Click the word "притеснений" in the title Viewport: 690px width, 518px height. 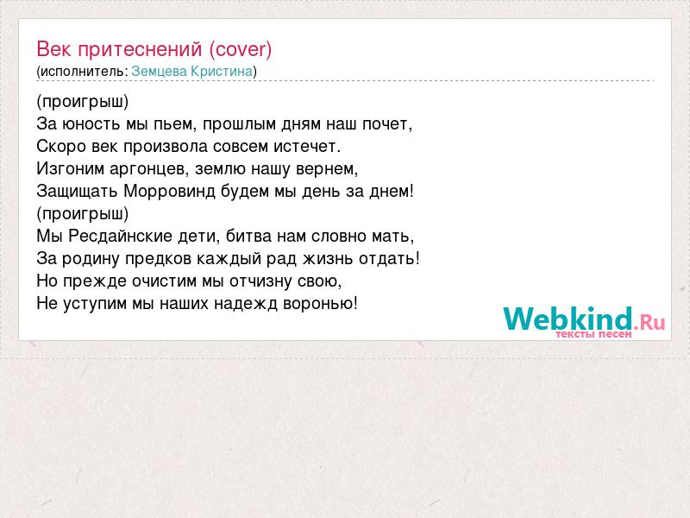140,50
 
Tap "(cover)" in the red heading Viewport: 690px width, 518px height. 241,50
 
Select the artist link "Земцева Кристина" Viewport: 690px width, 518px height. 192,72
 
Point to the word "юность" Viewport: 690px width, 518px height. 91,124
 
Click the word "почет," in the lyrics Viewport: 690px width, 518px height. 387,124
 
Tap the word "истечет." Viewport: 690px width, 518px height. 307,147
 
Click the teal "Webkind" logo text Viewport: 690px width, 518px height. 568,319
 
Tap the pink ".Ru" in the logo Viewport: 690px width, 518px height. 649,322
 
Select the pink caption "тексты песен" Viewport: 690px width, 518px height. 593,334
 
